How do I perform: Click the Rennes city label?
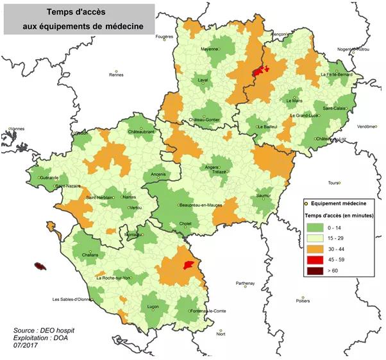point(116,75)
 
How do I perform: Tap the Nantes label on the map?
point(129,197)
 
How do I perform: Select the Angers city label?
point(212,167)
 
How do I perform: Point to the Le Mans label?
point(294,101)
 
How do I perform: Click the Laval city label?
point(203,80)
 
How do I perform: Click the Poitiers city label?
point(304,300)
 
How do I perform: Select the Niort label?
point(221,334)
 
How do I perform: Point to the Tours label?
point(333,183)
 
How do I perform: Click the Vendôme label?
point(367,126)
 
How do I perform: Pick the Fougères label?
point(165,37)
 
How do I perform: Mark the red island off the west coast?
point(42,266)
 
